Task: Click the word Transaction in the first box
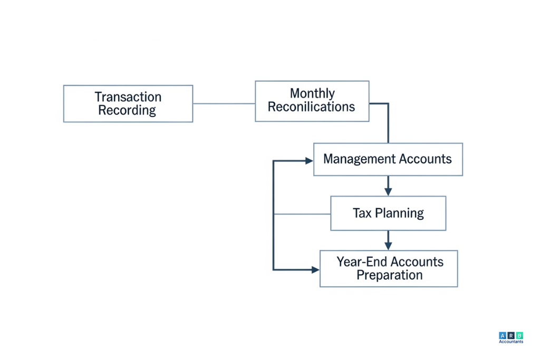(128, 97)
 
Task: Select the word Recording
(127, 111)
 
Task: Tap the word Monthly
(312, 93)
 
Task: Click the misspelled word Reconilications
(311, 107)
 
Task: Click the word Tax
(362, 213)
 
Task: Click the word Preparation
(389, 275)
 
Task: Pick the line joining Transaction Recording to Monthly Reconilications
(224, 103)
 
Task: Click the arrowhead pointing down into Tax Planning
(388, 191)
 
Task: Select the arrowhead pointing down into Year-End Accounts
(388, 246)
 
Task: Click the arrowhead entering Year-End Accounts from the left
(315, 270)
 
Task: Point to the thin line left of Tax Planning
(302, 214)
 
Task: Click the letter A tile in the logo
(502, 335)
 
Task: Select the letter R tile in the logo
(511, 335)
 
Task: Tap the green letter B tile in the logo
(519, 335)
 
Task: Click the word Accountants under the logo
(511, 342)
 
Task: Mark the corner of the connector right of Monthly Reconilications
(388, 104)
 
